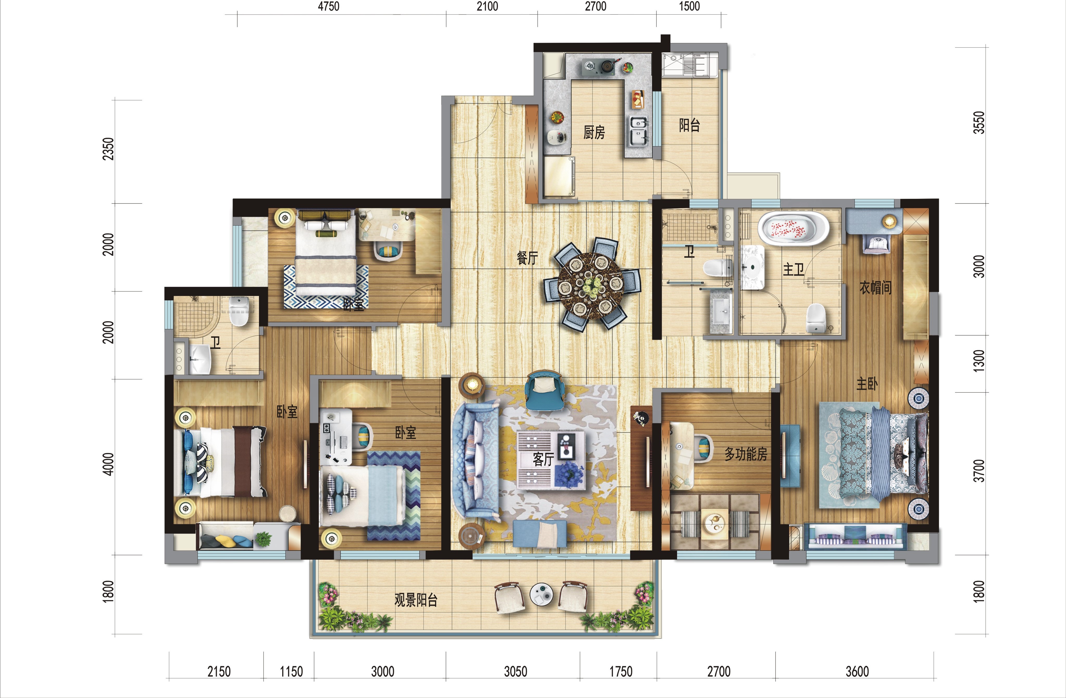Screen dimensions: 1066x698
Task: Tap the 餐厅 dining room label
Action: point(527,258)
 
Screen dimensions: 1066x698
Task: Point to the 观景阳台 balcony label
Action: point(416,600)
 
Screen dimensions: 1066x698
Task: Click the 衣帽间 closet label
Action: point(875,287)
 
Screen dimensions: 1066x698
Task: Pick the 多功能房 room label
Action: point(746,454)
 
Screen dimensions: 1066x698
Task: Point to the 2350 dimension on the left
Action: point(108,149)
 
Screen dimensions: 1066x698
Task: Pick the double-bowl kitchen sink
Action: point(639,131)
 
